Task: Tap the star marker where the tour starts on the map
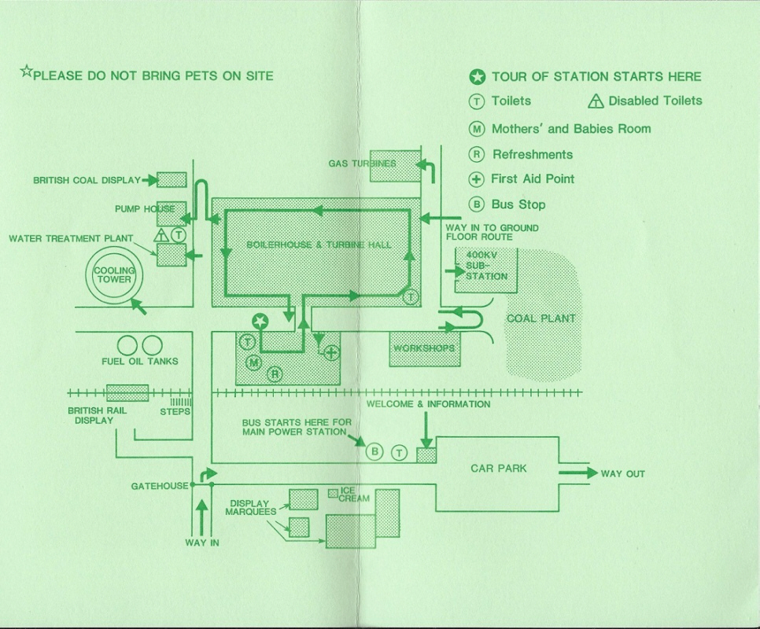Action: [x=260, y=320]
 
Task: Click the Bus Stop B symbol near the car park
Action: [x=375, y=451]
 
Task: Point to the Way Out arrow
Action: [x=578, y=473]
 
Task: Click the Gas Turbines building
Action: [x=394, y=164]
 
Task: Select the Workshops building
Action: [x=424, y=348]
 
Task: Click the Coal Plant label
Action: [x=540, y=318]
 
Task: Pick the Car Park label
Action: [x=498, y=469]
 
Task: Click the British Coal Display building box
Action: [x=172, y=179]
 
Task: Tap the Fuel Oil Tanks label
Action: [x=140, y=362]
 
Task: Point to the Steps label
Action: [x=175, y=411]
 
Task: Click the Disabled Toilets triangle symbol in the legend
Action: [x=596, y=101]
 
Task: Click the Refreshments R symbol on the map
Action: [x=275, y=373]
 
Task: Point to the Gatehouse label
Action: [x=160, y=487]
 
